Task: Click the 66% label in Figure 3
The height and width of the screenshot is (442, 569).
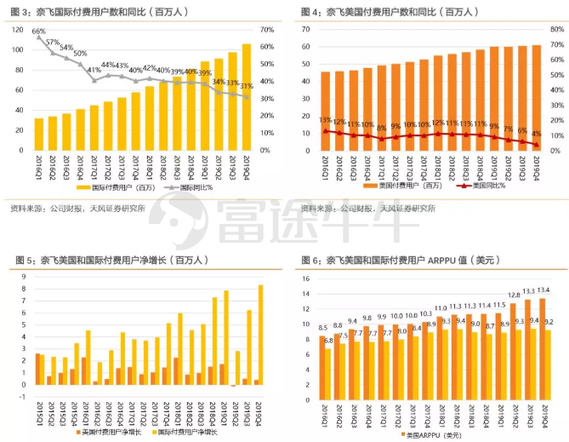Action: (x=38, y=32)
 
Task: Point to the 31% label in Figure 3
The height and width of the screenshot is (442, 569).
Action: (x=247, y=86)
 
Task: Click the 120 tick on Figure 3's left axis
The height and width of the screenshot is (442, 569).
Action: (x=18, y=29)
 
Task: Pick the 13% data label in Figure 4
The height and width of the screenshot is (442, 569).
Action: (x=324, y=120)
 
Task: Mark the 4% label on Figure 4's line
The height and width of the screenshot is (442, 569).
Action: (x=537, y=134)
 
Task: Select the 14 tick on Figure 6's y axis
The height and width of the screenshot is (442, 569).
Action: (x=304, y=278)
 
